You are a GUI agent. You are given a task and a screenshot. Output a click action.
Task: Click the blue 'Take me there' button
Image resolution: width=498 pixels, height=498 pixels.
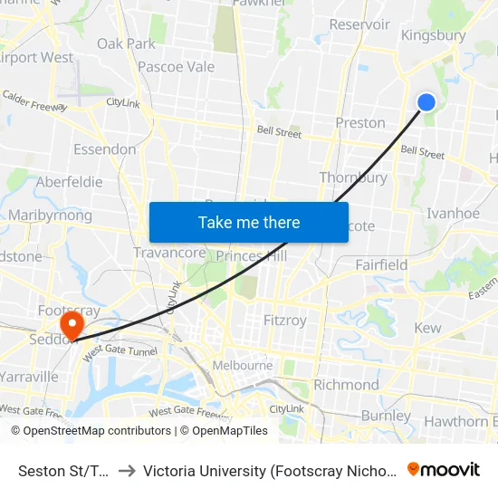249,222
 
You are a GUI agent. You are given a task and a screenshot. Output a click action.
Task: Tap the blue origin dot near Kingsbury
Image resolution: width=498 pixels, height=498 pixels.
426,102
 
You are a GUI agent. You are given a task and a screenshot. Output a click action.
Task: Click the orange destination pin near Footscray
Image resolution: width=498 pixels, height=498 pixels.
70,324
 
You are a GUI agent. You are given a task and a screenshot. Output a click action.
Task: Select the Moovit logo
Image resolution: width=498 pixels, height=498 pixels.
444,469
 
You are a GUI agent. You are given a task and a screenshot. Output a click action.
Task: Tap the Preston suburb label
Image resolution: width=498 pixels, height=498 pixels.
360,123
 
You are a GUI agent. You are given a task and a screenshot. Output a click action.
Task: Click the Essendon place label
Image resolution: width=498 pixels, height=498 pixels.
105,149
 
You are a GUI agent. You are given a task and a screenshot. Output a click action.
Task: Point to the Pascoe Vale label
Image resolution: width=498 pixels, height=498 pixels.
176,66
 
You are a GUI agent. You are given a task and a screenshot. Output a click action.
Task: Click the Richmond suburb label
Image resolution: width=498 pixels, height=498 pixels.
346,385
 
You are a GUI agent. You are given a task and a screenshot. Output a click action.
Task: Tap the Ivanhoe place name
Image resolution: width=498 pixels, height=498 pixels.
454,214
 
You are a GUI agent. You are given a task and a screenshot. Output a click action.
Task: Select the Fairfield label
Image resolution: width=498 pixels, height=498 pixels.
381,265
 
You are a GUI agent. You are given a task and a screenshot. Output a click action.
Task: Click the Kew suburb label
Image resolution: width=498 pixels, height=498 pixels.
427,328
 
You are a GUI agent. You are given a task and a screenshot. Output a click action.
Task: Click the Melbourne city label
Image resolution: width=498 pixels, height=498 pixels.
243,365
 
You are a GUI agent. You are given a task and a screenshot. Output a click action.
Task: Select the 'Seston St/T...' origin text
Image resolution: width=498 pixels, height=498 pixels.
62,470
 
